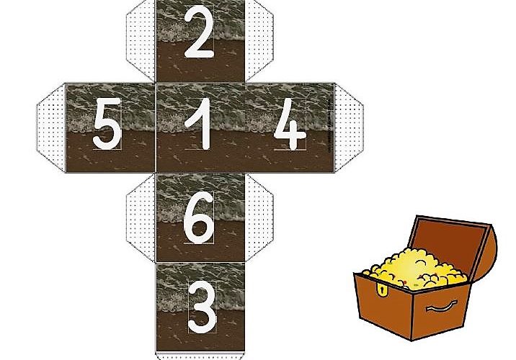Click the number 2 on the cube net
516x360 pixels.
199,32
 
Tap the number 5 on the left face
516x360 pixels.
107,124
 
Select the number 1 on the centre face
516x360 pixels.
199,125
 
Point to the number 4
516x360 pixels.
290,125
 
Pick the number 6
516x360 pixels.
199,217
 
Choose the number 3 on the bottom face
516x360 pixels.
202,307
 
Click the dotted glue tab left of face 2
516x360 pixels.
141,40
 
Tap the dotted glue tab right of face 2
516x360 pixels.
259,40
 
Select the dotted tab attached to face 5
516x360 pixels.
51,127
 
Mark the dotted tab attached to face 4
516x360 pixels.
349,127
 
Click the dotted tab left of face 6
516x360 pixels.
141,218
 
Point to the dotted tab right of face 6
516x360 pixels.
259,218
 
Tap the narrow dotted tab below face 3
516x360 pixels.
200,356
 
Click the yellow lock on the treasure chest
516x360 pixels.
382,289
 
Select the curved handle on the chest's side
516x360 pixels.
442,307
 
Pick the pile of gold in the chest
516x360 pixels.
415,269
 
